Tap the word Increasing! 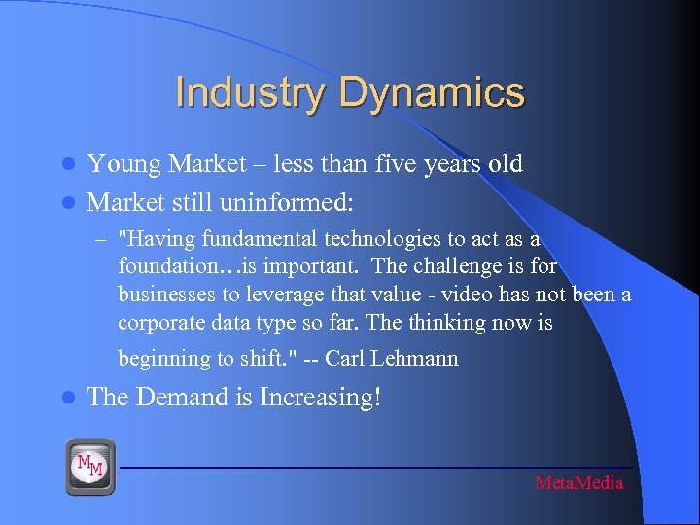point(323,397)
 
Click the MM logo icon point(89,467)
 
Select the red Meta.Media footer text point(578,483)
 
